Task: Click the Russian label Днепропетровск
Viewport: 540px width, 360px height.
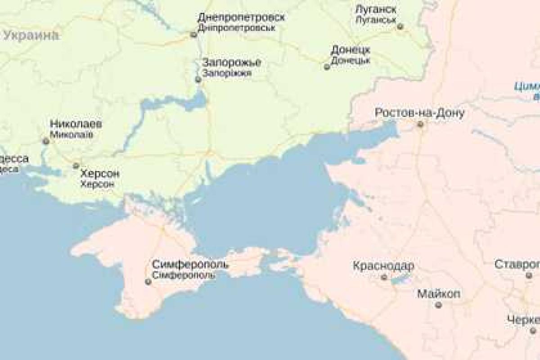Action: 241,18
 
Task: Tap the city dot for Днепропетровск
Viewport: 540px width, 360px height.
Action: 194,35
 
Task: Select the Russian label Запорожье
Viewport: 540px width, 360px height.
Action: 232,63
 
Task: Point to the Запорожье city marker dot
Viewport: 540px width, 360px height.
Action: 198,80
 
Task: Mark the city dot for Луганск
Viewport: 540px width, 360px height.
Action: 400,27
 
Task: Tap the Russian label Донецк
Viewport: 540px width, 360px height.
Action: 350,49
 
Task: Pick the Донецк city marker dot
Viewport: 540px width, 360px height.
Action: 327,67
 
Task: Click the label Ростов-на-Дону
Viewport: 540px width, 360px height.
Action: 419,112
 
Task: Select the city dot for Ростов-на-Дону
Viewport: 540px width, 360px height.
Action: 420,124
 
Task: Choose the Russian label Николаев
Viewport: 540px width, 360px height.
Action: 76,124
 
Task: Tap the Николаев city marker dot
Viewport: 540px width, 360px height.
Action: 45,141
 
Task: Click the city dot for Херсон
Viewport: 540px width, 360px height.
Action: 76,166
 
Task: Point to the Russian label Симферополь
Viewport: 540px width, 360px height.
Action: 190,264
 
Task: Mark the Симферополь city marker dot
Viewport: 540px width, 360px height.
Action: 148,282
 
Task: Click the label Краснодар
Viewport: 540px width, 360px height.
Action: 383,266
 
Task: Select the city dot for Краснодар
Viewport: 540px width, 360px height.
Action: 384,277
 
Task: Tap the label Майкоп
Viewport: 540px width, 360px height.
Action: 439,294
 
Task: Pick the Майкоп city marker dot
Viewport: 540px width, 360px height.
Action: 438,306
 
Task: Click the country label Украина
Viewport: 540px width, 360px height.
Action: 31,36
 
